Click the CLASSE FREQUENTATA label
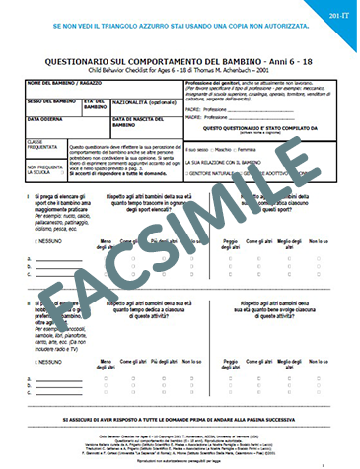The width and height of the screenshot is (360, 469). (x=41, y=146)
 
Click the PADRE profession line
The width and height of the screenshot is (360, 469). (x=247, y=108)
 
